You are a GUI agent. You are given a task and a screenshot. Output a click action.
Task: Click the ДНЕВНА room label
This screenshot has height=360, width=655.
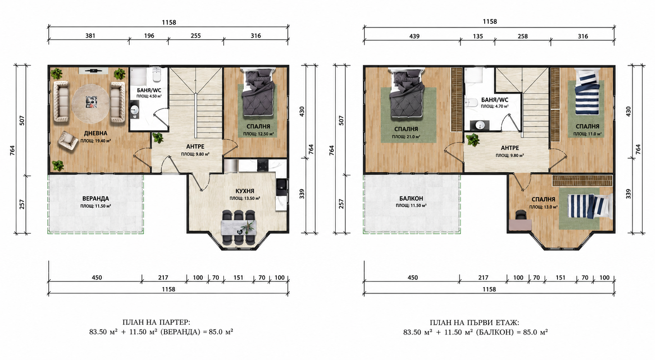coord(96,134)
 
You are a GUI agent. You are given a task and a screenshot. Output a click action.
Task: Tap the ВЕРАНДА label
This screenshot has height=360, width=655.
coord(96,199)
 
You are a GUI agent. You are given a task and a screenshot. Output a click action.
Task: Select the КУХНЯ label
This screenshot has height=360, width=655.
coord(245,191)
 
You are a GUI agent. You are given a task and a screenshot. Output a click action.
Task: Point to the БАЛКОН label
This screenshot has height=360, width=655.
coord(411,199)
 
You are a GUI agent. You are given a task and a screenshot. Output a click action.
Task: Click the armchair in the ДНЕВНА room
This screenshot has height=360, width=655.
coord(68,141)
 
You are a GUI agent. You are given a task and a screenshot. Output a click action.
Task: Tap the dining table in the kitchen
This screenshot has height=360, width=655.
coord(238,228)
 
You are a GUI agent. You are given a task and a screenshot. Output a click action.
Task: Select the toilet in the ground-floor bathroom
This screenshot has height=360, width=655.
coord(157,75)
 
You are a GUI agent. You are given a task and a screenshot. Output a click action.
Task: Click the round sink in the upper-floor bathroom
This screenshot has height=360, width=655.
coord(480,125)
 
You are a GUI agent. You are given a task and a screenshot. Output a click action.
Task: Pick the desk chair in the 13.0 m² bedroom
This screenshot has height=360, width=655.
coord(520,215)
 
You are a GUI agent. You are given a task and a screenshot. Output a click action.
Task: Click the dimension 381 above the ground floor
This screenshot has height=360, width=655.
coord(90,36)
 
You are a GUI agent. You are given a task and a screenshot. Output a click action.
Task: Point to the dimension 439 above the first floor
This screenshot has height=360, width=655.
coord(414,36)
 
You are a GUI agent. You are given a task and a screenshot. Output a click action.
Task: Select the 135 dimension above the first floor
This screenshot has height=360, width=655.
coord(478,36)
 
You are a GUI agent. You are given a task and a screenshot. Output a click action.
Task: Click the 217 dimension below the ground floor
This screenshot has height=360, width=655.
coord(163,278)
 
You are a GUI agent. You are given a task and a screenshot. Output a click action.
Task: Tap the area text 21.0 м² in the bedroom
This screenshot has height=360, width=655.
coord(406,137)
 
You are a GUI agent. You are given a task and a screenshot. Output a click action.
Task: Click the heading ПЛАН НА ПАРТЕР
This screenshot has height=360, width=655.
coord(156,322)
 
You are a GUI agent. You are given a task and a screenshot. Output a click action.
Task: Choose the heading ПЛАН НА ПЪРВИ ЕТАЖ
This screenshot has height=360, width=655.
coord(474,323)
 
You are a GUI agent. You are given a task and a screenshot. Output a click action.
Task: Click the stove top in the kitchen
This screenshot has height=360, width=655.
coord(262,165)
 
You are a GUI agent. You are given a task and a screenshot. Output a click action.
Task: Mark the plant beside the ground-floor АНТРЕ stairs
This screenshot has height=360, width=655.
coord(158,138)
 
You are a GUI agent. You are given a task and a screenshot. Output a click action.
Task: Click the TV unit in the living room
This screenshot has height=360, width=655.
coord(94,70)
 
